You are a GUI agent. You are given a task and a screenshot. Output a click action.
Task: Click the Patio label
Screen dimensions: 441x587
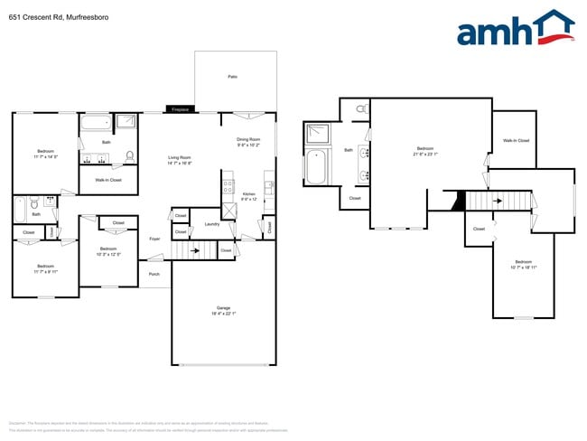pos(232,77)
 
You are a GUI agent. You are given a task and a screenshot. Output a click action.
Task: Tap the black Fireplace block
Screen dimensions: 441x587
pos(181,109)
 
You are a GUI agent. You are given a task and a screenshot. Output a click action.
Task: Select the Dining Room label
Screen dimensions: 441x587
pos(248,142)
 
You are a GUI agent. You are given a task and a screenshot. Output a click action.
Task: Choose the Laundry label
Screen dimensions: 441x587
pos(212,223)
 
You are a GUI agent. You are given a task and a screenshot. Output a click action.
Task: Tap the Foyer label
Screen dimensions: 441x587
pos(154,239)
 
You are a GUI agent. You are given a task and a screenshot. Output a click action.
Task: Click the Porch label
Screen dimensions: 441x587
pos(154,274)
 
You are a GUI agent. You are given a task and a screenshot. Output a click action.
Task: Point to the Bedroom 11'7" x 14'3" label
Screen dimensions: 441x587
pos(45,154)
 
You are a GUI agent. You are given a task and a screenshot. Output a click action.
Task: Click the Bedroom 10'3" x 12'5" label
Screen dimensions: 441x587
pos(108,251)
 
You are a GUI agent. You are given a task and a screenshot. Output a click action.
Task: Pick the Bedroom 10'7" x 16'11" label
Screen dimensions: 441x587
pos(524,264)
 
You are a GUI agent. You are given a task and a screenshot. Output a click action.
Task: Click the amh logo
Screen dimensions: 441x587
pos(515,29)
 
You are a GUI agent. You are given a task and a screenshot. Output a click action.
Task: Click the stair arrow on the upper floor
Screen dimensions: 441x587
pos(493,202)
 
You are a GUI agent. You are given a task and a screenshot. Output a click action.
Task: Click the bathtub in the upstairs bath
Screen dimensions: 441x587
pos(316,168)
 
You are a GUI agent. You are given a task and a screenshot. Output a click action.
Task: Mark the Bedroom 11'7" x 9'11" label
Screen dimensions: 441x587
pos(45,268)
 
